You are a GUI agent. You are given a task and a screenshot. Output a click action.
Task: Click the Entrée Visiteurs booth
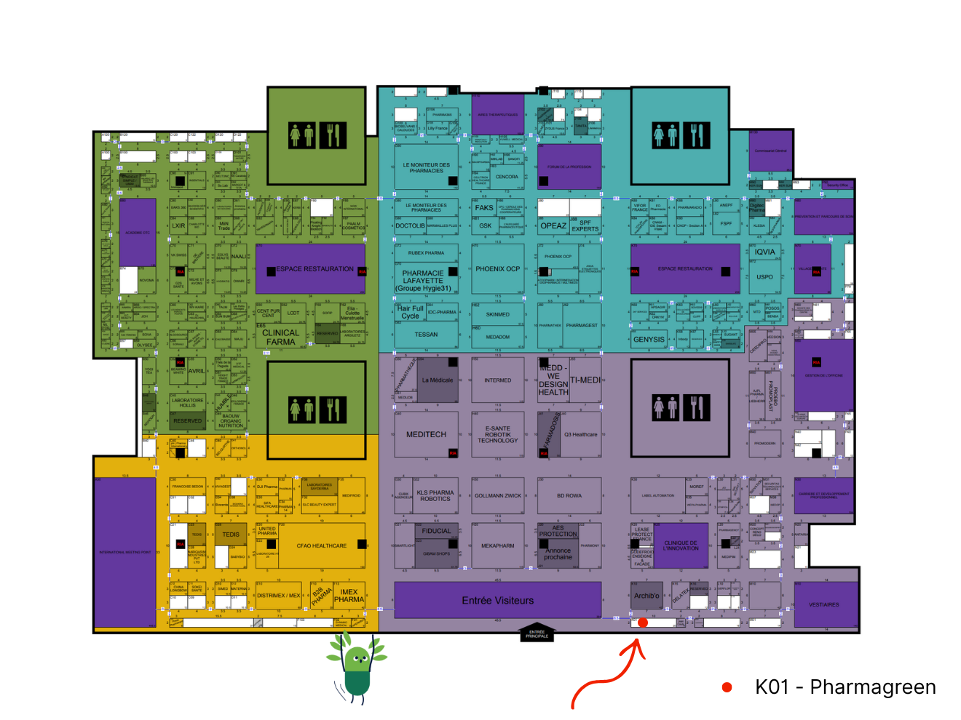[x=497, y=600]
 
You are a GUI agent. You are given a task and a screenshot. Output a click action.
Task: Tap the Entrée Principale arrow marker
[x=537, y=632]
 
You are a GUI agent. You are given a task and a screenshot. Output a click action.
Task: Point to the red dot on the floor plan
[x=643, y=623]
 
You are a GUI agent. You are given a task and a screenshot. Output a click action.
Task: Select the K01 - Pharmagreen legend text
[x=845, y=687]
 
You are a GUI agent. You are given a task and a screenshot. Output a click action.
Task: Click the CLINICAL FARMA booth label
[x=280, y=337]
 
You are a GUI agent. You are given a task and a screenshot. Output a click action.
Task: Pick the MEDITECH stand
[x=426, y=434]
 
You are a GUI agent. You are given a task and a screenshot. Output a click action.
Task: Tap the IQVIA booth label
[x=764, y=252]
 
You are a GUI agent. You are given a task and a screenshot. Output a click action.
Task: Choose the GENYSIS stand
[x=649, y=339]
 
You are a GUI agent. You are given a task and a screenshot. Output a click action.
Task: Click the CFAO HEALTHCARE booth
[x=321, y=545]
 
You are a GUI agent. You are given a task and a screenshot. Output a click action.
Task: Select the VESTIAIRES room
[x=824, y=604]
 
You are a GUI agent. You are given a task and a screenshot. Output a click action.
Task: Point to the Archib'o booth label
[x=646, y=596]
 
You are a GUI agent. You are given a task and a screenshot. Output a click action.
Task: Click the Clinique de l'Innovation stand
[x=681, y=545]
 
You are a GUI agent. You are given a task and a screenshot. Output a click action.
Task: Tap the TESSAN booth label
[x=426, y=335]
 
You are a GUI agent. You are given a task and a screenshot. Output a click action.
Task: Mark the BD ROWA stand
[x=569, y=496]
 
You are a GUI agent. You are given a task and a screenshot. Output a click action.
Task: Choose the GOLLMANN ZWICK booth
[x=498, y=496]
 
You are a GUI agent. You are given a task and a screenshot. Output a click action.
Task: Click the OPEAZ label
[x=553, y=225]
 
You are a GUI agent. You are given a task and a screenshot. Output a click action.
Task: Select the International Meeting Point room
[x=125, y=552]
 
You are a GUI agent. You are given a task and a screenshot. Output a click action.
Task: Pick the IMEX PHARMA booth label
[x=349, y=596]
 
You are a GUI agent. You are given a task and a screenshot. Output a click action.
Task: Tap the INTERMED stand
[x=498, y=380]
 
